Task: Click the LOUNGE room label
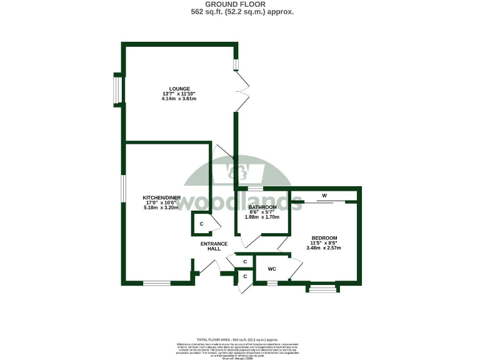point(179,89)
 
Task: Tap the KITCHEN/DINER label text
point(161,197)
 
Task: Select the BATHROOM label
point(262,207)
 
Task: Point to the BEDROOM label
point(324,238)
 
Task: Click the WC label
point(272,269)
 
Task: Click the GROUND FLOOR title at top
point(241,4)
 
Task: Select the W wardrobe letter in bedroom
point(324,196)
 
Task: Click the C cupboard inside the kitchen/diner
point(201,224)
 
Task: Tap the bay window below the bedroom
point(323,288)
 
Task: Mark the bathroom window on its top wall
point(255,188)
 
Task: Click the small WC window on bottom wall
point(272,283)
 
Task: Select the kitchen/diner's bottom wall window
point(156,283)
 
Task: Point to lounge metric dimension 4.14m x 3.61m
point(179,99)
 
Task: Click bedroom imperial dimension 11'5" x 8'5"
point(324,243)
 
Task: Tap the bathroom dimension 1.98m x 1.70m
point(262,217)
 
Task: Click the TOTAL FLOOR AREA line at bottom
point(241,337)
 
